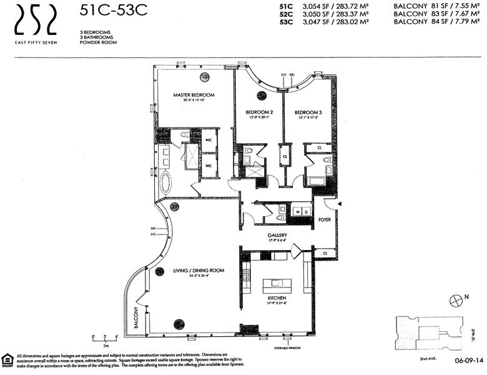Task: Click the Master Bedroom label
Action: coord(194,96)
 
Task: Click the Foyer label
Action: coord(324,219)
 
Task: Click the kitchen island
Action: coord(274,284)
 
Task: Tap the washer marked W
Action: coord(298,211)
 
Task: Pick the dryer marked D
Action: coord(307,211)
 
